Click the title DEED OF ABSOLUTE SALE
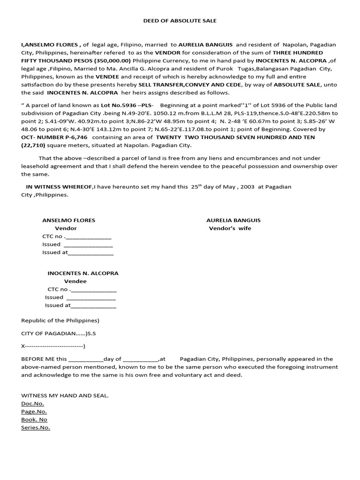pyautogui.click(x=180, y=21)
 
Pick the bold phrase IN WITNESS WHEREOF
pyautogui.click(x=60, y=187)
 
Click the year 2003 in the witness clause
pyautogui.click(x=247, y=187)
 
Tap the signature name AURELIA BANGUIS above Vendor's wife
pyautogui.click(x=233, y=220)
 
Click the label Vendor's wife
pyautogui.click(x=230, y=228)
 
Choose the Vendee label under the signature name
pyautogui.click(x=75, y=281)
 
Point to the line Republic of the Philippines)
pyautogui.click(x=60, y=321)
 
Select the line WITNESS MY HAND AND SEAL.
pyautogui.click(x=65, y=396)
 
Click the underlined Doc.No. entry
pyautogui.click(x=32, y=404)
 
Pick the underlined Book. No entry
pyautogui.click(x=34, y=420)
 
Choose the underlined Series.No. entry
pyautogui.click(x=36, y=427)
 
